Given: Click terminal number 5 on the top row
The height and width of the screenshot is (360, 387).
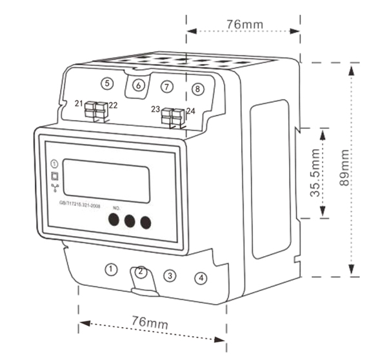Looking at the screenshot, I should pyautogui.click(x=107, y=83).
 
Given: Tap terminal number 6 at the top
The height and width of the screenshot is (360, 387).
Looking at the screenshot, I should pyautogui.click(x=137, y=85).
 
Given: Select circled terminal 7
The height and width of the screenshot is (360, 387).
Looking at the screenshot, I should pyautogui.click(x=167, y=86).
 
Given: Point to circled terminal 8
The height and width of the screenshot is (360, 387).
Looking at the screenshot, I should pyautogui.click(x=197, y=88).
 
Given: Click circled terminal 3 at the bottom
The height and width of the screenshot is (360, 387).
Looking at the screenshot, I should pyautogui.click(x=170, y=275).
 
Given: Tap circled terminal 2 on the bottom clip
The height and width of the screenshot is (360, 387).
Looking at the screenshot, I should pyautogui.click(x=141, y=272).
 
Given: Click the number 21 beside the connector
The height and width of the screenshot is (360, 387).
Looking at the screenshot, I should pyautogui.click(x=79, y=104).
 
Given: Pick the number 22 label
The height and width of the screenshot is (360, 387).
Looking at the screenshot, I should pyautogui.click(x=114, y=106).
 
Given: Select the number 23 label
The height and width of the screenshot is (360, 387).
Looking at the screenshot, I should pyautogui.click(x=155, y=109).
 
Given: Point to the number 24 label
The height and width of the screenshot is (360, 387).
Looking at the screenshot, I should pyautogui.click(x=190, y=111).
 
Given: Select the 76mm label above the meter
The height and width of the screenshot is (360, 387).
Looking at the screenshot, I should pyautogui.click(x=244, y=25).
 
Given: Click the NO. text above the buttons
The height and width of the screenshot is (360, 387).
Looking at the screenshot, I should pyautogui.click(x=117, y=208).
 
